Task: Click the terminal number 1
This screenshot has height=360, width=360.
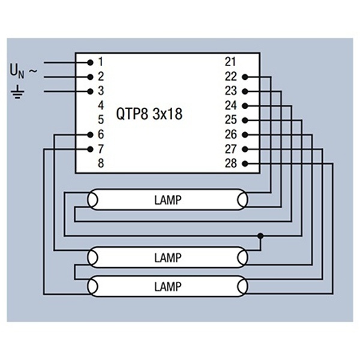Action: (x=101, y=62)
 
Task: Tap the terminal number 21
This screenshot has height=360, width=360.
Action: (x=231, y=62)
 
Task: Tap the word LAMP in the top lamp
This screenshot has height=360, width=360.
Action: (x=167, y=200)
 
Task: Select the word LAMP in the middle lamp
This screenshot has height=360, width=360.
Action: (x=167, y=259)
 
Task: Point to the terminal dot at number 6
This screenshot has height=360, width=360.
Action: (x=90, y=134)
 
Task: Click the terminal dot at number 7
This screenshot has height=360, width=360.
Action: (x=90, y=149)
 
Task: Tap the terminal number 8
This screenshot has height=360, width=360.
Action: (x=101, y=163)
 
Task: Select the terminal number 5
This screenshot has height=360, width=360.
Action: (x=101, y=120)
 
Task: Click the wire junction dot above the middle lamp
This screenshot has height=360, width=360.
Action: (x=260, y=236)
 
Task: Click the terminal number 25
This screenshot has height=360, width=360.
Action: (x=231, y=120)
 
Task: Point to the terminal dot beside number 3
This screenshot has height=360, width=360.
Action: (x=90, y=91)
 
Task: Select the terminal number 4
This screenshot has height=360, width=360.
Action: (x=101, y=106)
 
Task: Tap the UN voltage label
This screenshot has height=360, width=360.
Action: (x=17, y=71)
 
